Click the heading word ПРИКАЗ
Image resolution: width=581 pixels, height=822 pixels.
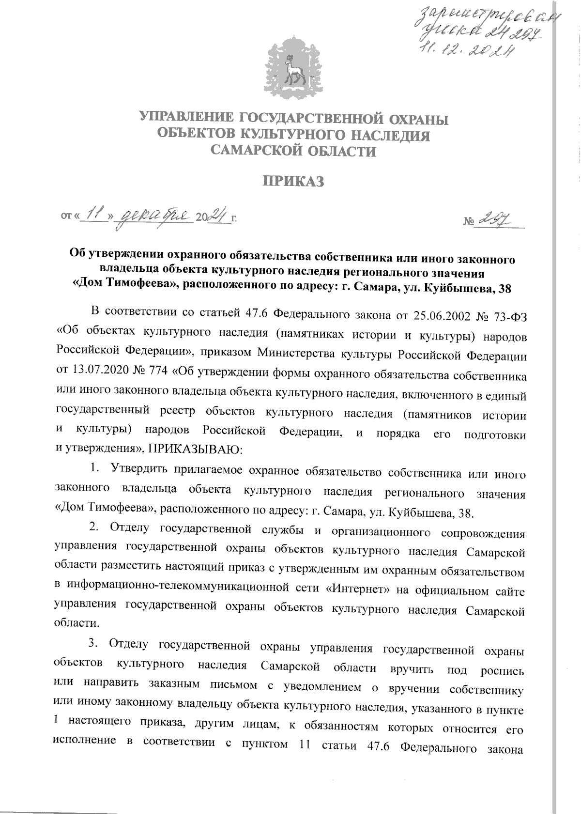[292, 182]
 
